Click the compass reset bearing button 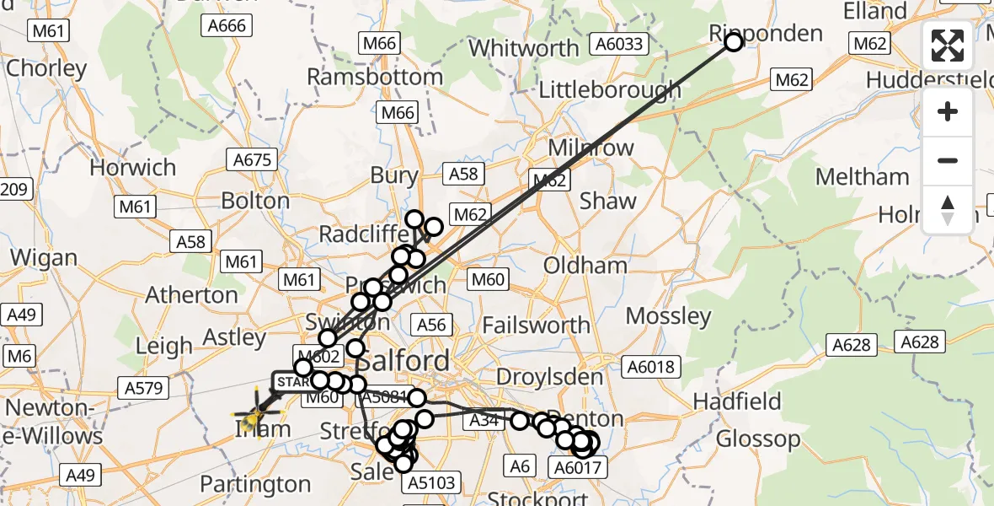point(948,210)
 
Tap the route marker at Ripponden point(733,42)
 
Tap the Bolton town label point(256,201)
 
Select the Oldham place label point(585,265)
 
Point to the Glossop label point(758,439)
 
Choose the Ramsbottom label point(375,77)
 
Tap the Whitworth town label point(524,48)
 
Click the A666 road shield point(227,25)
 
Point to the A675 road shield point(250,159)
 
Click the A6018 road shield point(649,367)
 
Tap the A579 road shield point(145,387)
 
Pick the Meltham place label point(863,177)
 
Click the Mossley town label point(669,316)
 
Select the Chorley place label point(46,67)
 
